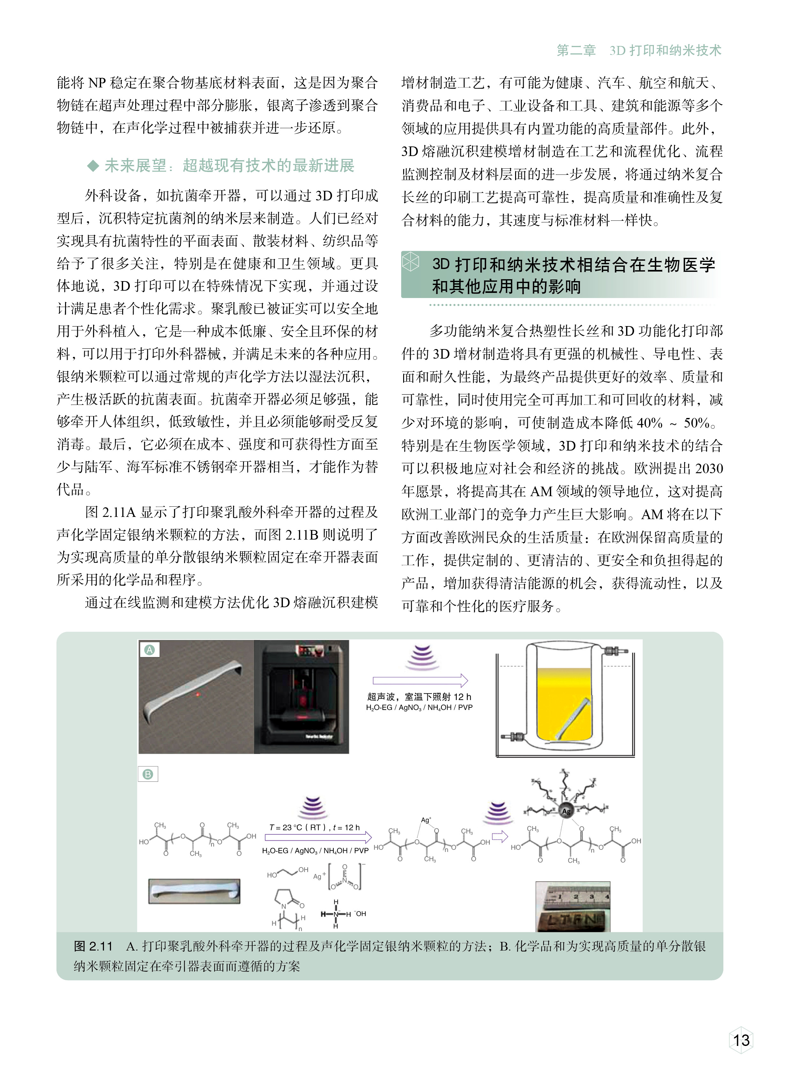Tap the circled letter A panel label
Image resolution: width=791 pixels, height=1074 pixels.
tap(149, 650)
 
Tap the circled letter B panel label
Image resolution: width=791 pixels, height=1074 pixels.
tap(147, 775)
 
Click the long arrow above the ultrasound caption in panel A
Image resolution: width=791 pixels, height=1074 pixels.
tap(420, 680)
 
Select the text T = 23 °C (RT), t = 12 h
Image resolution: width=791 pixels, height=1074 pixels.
tap(314, 827)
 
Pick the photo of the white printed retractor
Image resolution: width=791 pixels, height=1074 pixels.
tap(194, 891)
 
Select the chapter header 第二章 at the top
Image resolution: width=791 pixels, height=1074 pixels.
tap(576, 50)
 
